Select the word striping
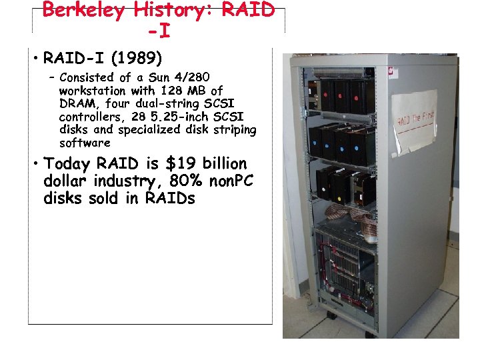click(233, 129)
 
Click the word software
click(85, 143)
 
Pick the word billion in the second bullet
click(223, 164)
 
